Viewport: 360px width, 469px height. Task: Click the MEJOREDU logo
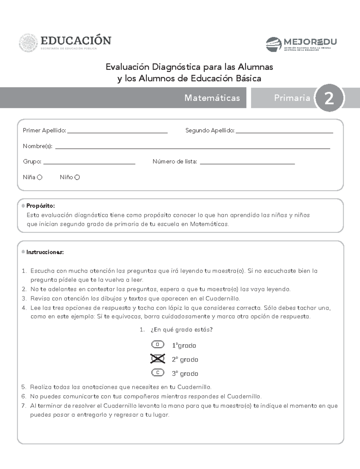[x=301, y=44]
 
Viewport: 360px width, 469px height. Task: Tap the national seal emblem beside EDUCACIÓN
[x=29, y=44]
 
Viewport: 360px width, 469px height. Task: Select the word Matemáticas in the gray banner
[x=212, y=98]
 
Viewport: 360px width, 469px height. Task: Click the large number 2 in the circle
[x=329, y=98]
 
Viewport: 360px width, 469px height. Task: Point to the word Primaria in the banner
[x=292, y=98]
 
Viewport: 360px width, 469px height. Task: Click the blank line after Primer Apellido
[x=117, y=131]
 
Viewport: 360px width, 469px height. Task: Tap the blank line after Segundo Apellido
[x=284, y=131]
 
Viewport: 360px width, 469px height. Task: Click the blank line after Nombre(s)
[x=193, y=147]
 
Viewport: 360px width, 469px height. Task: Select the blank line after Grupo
[x=89, y=162]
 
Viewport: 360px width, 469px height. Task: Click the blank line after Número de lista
[x=247, y=162]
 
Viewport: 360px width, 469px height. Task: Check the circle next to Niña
[x=40, y=177]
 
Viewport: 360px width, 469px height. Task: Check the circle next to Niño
[x=77, y=177]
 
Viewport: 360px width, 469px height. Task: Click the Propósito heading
[x=40, y=206]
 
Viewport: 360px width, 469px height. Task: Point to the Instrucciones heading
[x=45, y=252]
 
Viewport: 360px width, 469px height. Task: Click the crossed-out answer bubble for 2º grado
[x=158, y=359]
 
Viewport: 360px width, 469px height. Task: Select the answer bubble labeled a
[x=158, y=344]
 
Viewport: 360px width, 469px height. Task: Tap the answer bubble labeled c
[x=158, y=373]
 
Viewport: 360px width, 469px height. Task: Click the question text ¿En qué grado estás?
[x=181, y=329]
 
